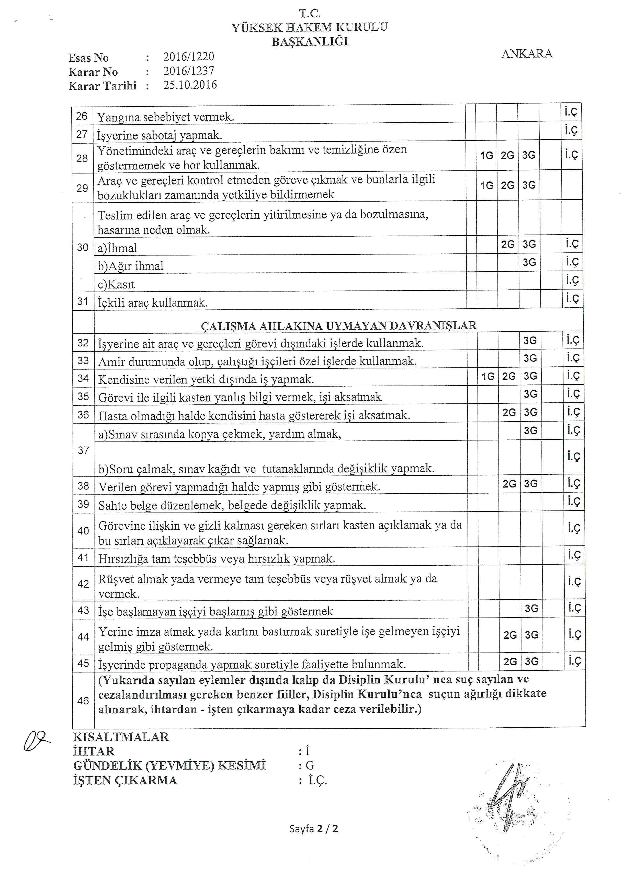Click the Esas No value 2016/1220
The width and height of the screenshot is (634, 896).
(189, 57)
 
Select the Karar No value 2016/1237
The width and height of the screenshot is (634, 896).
(189, 71)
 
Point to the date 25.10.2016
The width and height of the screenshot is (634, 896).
(190, 85)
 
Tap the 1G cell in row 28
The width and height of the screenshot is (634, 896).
(486, 156)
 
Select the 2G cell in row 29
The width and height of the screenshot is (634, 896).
(507, 185)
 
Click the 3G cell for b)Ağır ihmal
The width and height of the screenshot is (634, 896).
(529, 262)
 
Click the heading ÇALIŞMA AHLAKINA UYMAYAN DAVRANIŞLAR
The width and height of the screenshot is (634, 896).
(338, 325)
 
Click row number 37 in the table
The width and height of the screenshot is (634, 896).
(83, 450)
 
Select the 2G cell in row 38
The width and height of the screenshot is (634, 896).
(509, 484)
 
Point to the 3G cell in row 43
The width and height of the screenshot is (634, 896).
(531, 608)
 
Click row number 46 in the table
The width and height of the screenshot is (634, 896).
(83, 701)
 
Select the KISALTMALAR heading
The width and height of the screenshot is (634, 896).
(121, 737)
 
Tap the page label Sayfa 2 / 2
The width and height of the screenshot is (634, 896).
(313, 829)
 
